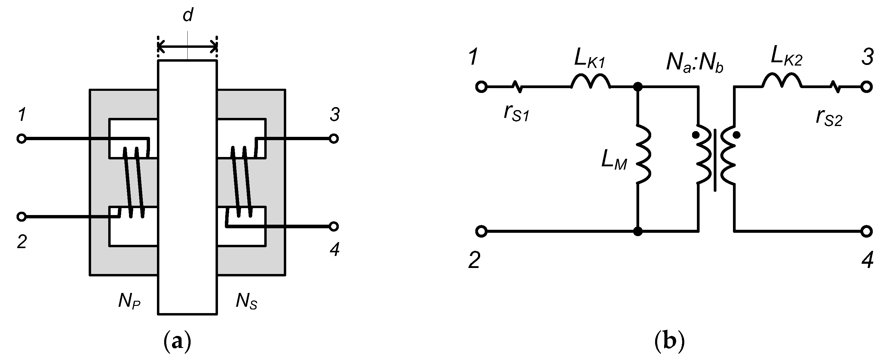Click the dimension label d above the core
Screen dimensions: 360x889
click(x=187, y=16)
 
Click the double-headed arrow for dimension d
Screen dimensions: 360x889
click(x=187, y=46)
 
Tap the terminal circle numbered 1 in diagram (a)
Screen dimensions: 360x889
click(x=21, y=139)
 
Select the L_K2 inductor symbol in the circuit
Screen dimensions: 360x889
click(x=781, y=81)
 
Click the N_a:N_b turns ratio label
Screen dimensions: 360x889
click(x=694, y=63)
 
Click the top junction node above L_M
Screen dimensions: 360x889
click(x=638, y=87)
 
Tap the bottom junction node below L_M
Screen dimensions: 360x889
click(x=638, y=231)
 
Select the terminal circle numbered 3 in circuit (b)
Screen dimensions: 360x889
click(x=866, y=87)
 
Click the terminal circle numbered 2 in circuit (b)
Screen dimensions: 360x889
click(x=481, y=231)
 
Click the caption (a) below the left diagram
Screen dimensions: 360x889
click(x=177, y=341)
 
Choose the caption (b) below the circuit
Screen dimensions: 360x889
click(x=669, y=341)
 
